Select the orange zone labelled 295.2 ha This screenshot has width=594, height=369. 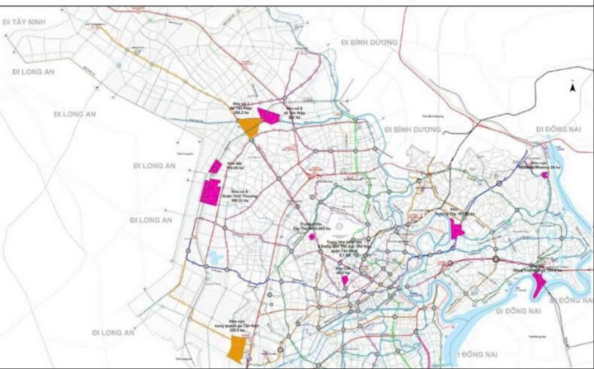[x=247, y=126]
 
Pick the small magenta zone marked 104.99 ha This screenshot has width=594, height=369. [x=215, y=167]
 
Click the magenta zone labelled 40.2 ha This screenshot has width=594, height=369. [x=344, y=280]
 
